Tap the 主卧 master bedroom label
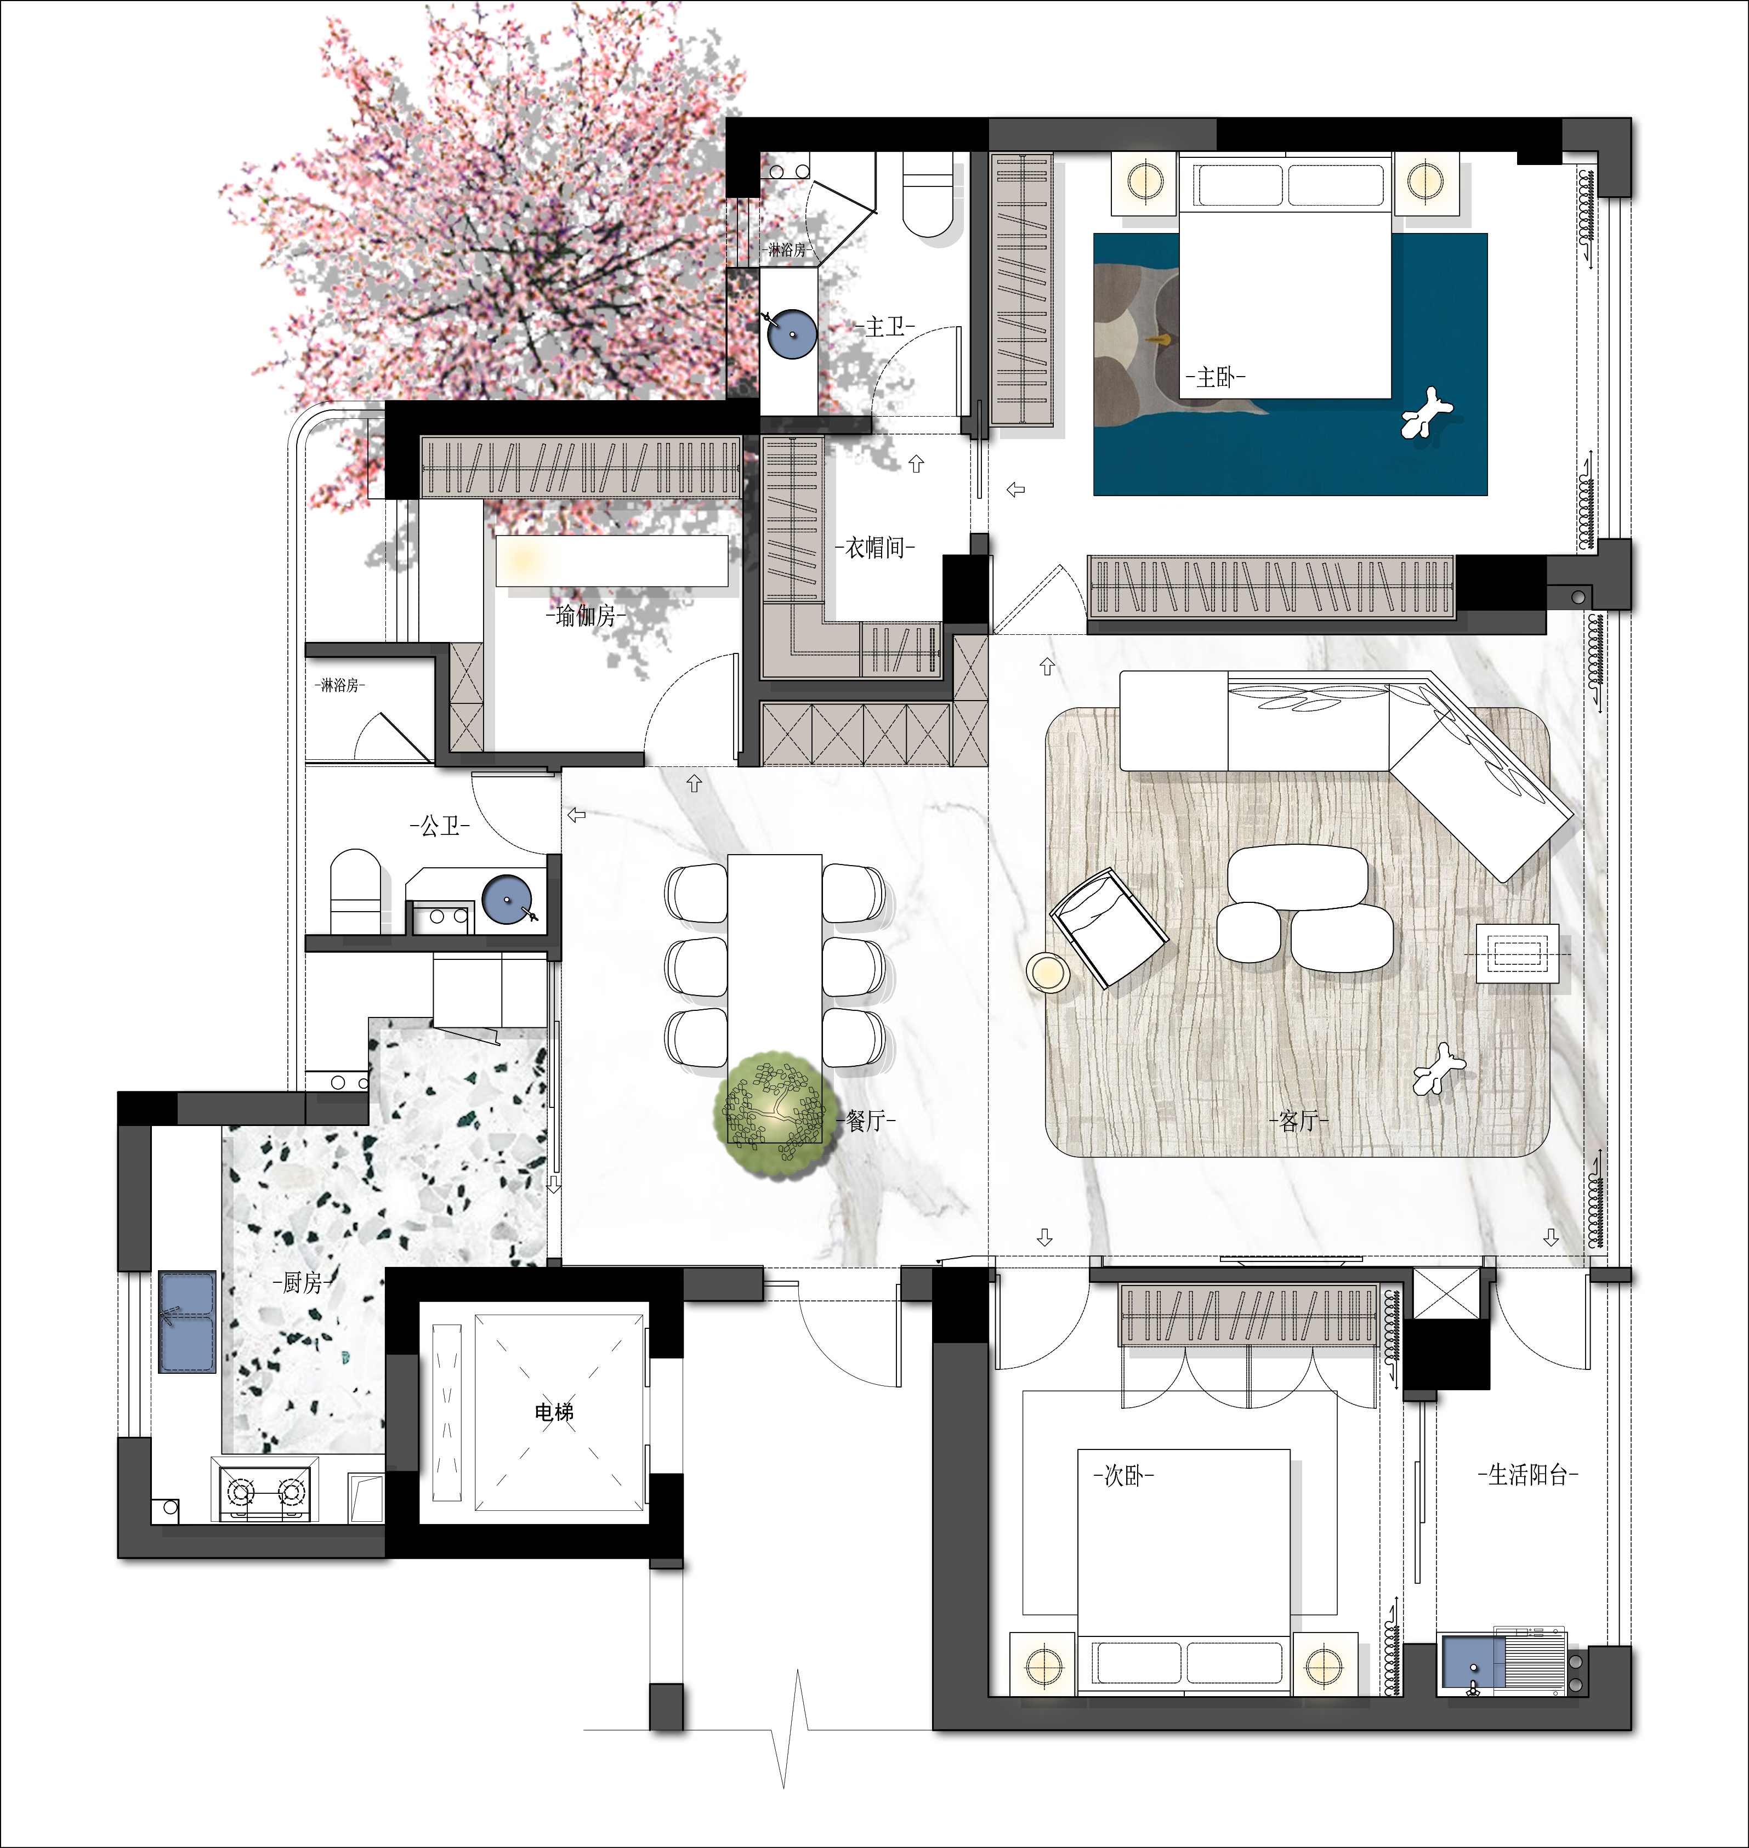[x=1216, y=378]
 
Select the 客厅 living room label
[x=1299, y=1121]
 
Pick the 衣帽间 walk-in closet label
[x=876, y=547]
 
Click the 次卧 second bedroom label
[x=1123, y=1475]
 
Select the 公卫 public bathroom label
[x=440, y=825]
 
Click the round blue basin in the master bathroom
[x=792, y=333]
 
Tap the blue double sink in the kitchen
[x=188, y=1321]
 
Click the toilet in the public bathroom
[x=355, y=890]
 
